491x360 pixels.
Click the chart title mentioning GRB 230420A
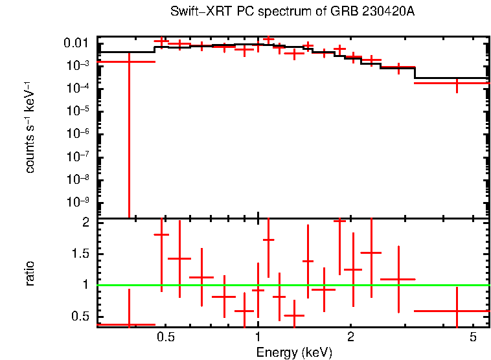[291, 12]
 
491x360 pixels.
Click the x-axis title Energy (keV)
[294, 352]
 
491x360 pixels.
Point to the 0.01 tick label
[77, 43]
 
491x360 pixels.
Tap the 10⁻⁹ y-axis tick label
[77, 202]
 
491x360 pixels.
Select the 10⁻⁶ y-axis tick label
[77, 134]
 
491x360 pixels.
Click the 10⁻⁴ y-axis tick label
[77, 89]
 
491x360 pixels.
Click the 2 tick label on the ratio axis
[84, 222]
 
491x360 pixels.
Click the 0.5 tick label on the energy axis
[166, 337]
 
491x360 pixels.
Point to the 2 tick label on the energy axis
[350, 337]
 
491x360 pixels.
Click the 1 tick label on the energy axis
[258, 337]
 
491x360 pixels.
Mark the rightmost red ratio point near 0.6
[457, 311]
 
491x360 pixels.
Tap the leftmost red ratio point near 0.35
[129, 324]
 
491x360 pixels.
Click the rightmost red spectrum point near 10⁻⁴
[457, 83]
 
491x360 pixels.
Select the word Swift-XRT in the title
[192, 12]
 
